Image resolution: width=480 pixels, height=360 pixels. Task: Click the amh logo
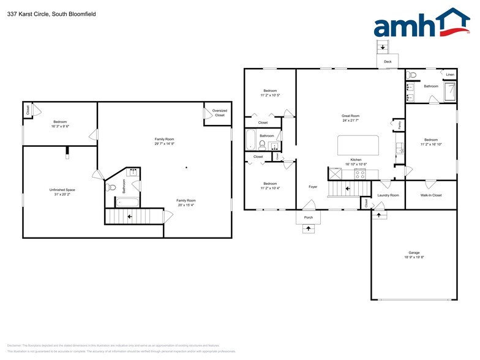click(x=422, y=24)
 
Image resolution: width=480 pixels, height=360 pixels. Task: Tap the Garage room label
click(x=414, y=252)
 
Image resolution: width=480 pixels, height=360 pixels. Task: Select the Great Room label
click(x=350, y=116)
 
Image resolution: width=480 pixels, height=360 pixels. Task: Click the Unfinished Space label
click(x=62, y=190)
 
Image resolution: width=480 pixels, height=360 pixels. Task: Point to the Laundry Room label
click(x=388, y=195)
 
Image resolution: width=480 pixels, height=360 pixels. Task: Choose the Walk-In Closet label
click(x=431, y=195)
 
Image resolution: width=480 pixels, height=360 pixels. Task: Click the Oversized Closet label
click(x=219, y=113)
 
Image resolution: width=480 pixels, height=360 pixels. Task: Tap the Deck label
click(x=387, y=62)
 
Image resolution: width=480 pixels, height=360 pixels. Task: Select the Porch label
click(x=308, y=217)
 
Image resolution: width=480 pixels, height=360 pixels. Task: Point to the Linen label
click(x=450, y=75)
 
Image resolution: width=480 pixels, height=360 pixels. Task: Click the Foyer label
click(x=313, y=187)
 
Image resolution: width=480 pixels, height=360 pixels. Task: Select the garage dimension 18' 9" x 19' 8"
click(x=414, y=258)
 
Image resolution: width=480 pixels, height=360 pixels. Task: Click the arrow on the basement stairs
click(x=129, y=216)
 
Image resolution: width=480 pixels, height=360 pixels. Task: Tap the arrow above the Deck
click(x=383, y=47)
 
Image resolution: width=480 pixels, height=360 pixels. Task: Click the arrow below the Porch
click(x=308, y=228)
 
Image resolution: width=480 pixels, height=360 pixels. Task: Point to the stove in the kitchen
click(x=361, y=173)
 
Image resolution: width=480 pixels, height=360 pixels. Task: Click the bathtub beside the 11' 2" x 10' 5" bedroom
click(x=251, y=140)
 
